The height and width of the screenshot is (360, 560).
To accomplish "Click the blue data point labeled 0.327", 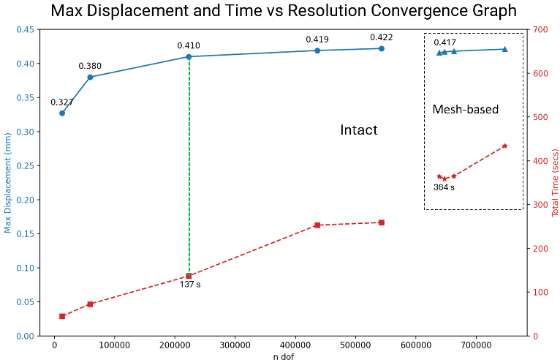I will pos(62,113).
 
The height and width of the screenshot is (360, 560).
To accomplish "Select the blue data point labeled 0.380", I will pos(90,77).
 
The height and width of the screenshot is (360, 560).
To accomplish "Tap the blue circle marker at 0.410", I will pos(189,56).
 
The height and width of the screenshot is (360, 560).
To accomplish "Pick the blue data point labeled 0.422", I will pos(381,48).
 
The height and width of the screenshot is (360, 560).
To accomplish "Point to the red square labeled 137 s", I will pos(189,276).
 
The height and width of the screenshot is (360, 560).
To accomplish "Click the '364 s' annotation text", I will pos(444,187).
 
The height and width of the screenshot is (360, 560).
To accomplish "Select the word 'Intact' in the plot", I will pos(358,130).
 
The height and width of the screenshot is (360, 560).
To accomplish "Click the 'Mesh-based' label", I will pos(465,110).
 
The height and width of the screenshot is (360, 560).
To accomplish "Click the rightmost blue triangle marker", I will pos(504,49).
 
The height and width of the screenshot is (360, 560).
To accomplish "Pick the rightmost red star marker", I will pos(504,146).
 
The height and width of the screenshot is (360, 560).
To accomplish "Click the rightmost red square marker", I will pos(381,222).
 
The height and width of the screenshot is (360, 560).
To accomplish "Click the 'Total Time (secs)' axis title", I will pos(555,182).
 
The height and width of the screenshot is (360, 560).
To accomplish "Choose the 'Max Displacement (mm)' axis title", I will pos(8,182).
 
